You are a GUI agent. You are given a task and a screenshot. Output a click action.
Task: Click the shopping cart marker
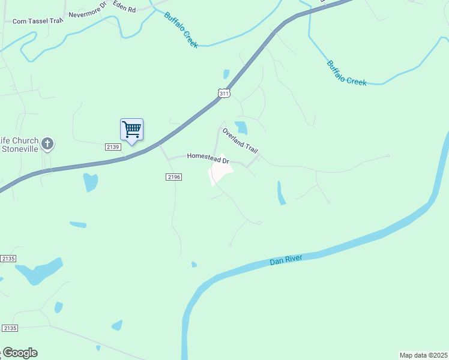131,129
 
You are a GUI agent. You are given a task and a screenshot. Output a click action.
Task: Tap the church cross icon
47,144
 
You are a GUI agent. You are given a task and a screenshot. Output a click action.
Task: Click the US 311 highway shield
223,93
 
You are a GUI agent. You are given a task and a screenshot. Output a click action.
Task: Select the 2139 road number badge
113,147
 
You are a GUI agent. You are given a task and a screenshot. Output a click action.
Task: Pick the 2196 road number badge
173,176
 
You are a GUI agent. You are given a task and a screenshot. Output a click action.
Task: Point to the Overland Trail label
240,140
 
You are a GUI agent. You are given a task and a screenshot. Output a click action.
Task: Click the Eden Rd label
124,10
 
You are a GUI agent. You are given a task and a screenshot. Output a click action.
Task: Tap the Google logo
19,353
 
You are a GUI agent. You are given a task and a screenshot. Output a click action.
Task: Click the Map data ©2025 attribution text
423,355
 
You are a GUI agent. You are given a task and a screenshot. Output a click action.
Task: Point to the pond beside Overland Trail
241,127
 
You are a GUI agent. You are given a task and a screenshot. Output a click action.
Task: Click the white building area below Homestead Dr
221,172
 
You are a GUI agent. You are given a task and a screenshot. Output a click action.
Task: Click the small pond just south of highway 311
91,181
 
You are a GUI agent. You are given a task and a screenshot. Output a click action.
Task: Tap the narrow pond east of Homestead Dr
281,193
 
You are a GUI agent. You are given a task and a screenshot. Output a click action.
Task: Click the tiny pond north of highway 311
226,74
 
